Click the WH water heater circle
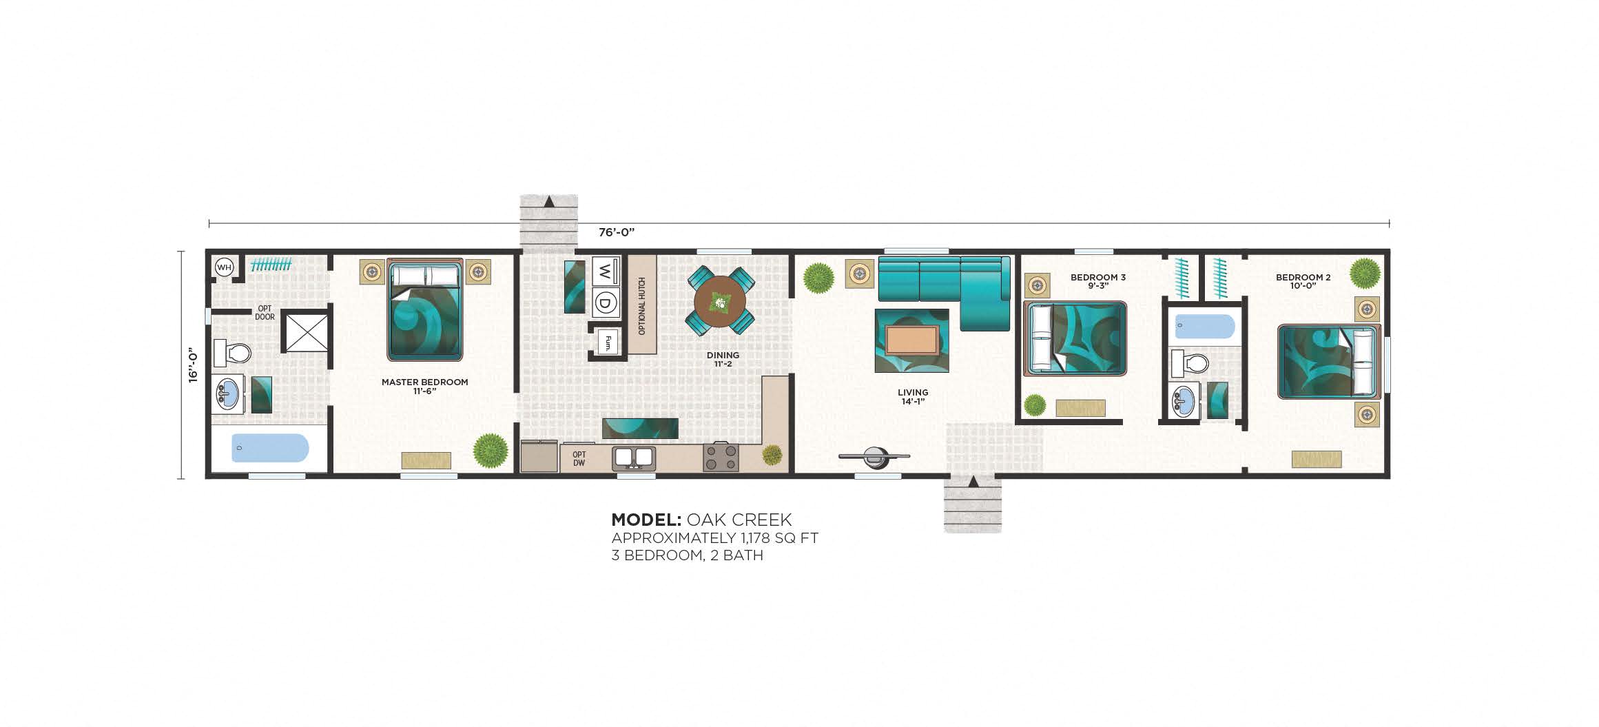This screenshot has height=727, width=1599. (225, 267)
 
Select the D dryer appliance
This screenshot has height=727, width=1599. (605, 302)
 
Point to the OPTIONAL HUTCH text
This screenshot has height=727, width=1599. (641, 306)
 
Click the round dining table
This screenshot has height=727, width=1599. (719, 301)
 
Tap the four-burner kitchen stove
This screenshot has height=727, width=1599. (721, 458)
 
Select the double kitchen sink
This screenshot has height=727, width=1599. (635, 457)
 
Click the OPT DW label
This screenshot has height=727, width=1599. (579, 459)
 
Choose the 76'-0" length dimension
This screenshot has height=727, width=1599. (616, 232)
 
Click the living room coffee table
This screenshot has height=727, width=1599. (911, 340)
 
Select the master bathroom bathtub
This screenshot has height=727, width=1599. (269, 448)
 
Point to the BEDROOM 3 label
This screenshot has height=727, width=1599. (1097, 278)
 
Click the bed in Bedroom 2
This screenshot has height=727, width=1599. (1329, 362)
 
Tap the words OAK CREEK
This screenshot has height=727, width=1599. (739, 520)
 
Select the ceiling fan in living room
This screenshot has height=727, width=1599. (874, 455)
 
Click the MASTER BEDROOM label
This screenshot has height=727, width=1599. (424, 382)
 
